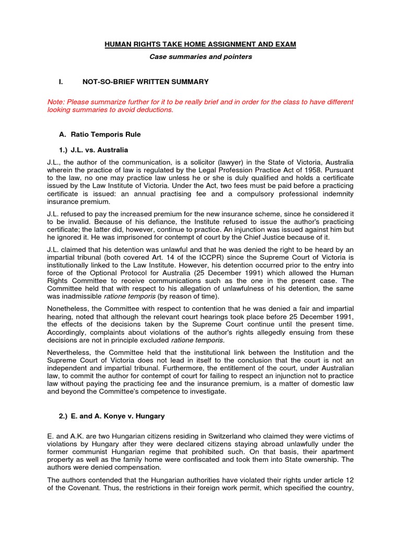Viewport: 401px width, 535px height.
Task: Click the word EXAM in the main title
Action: (285, 45)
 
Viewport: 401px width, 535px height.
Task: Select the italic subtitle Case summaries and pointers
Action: (200, 56)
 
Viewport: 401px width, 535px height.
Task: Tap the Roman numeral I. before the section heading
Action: (61, 82)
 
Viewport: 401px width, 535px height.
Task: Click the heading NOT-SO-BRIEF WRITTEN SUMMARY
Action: (146, 82)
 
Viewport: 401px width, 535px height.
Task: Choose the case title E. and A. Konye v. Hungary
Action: (112, 416)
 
